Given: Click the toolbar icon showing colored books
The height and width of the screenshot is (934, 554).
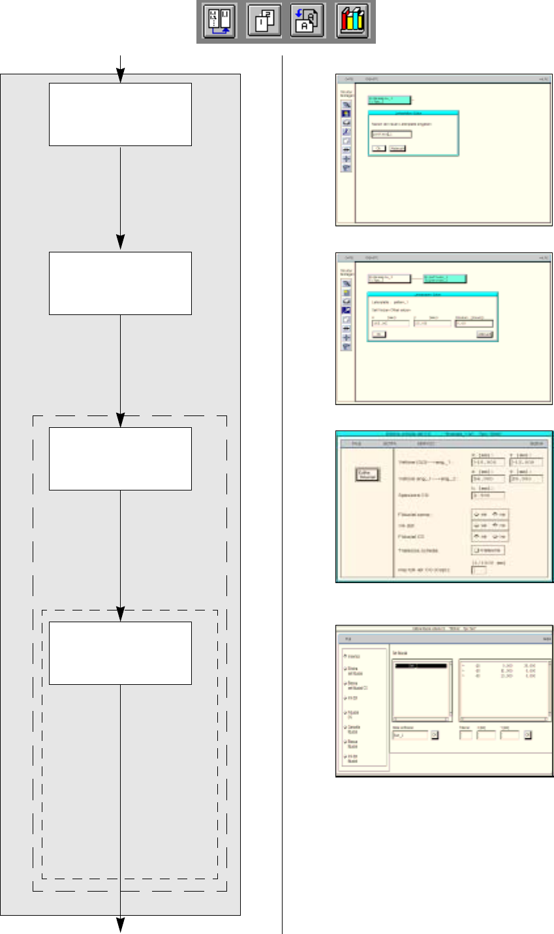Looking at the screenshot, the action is click(353, 22).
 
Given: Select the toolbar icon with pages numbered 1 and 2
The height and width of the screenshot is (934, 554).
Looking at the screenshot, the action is click(264, 22).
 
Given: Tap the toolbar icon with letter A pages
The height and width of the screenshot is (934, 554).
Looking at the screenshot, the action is click(308, 22).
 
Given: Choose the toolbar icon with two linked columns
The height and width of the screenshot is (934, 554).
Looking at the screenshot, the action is click(219, 22).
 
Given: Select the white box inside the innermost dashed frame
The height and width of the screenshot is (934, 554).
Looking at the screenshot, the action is click(121, 653).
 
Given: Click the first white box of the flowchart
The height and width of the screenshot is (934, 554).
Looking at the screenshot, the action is click(121, 114).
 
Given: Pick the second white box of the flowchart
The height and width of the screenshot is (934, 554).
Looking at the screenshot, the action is click(121, 283).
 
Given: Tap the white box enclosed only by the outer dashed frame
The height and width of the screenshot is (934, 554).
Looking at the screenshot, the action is click(121, 459).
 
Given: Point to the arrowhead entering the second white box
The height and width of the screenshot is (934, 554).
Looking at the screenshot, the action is click(121, 243).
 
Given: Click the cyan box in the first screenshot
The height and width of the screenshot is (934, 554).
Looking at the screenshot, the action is click(389, 100).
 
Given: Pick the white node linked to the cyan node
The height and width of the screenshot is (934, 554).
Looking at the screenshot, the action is click(389, 279).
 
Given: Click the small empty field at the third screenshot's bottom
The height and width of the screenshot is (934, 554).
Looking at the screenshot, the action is click(478, 571).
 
